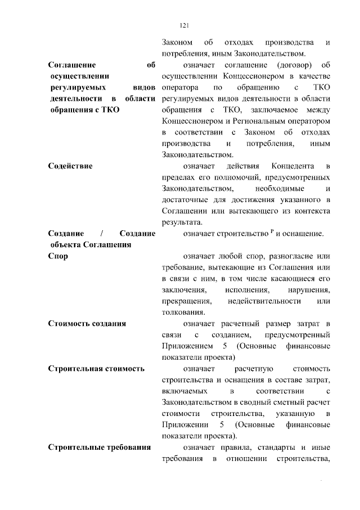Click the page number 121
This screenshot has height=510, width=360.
[x=183, y=25]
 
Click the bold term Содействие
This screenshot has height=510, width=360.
[x=70, y=167]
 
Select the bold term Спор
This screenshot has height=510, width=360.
[x=58, y=256]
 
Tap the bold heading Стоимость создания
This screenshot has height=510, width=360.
[x=87, y=324]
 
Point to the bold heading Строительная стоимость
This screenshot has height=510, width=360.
[x=97, y=369]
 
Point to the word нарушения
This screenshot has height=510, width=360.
[x=309, y=290]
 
